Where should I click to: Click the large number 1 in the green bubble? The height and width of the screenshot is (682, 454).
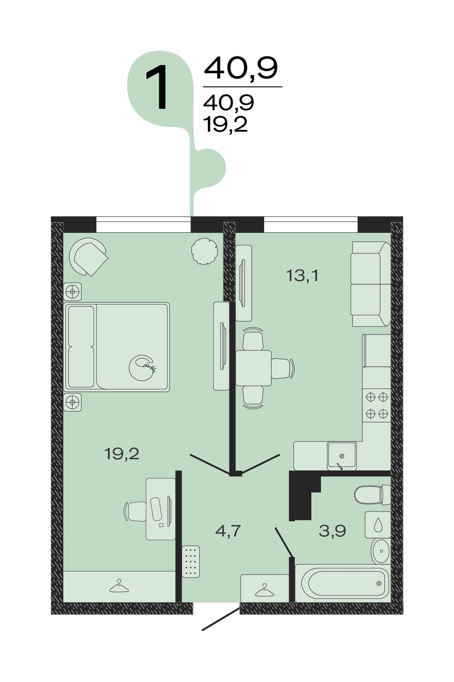157,87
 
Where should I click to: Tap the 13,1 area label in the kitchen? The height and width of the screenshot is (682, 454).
302,275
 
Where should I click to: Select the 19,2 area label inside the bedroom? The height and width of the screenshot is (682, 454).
122,454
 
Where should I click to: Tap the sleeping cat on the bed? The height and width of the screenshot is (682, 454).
142,368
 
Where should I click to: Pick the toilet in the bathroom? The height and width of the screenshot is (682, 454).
372,495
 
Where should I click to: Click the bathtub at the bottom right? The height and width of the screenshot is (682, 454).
343,583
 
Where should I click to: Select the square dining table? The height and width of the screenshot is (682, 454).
253,368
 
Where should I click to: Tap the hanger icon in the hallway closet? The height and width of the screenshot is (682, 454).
265,590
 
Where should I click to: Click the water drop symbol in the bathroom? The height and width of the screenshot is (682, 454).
378,524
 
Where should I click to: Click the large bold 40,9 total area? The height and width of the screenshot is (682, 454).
241,68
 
